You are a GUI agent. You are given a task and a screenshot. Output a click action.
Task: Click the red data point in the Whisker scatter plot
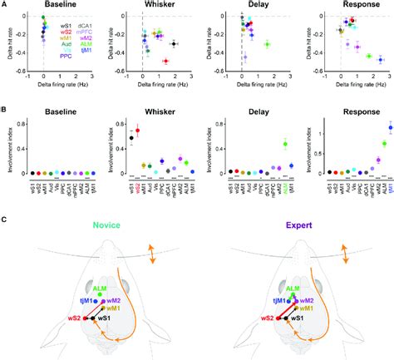pos(165,62)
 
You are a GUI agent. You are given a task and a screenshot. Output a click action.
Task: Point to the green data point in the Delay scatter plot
pos(267,43)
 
